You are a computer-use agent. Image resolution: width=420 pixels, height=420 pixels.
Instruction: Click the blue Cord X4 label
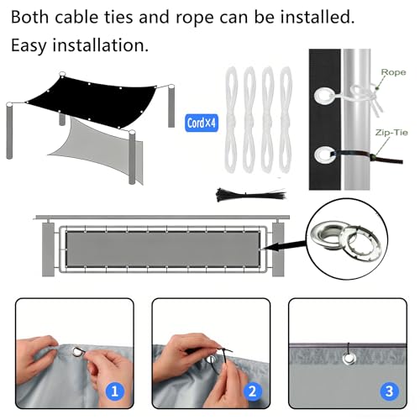click(202, 123)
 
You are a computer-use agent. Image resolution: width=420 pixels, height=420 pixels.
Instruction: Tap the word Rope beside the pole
click(393, 72)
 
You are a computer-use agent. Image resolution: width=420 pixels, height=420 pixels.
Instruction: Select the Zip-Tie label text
click(391, 133)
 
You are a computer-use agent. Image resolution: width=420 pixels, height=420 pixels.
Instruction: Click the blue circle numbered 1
click(115, 391)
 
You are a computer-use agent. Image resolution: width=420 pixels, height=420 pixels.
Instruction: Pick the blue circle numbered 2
click(252, 391)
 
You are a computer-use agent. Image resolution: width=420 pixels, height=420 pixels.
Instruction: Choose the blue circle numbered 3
click(389, 391)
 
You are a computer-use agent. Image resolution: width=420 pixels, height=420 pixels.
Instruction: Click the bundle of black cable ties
click(251, 194)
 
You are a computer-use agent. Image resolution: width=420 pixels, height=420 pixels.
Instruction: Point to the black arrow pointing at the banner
click(285, 245)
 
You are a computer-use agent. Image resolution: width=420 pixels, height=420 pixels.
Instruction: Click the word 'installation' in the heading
click(100, 45)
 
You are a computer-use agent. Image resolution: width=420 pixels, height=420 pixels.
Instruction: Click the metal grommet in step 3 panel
click(349, 359)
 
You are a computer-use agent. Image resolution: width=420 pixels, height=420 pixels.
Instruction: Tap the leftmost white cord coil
click(231, 119)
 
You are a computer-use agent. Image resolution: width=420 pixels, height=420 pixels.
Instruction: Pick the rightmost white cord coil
click(286, 119)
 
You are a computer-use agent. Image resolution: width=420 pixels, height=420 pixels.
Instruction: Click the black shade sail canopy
click(92, 101)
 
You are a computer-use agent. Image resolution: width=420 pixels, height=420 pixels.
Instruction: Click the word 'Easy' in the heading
click(29, 45)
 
